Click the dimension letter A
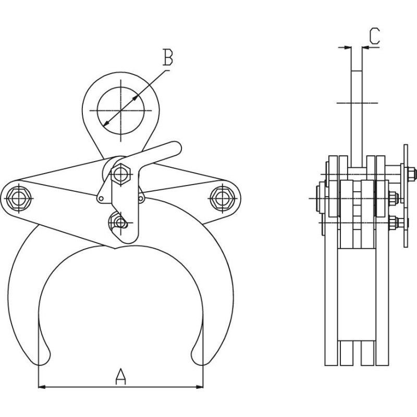coord(121,376)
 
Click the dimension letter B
coord(167,57)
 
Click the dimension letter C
coord(374,35)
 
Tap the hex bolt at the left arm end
coord(18,198)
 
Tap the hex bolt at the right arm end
coord(223,198)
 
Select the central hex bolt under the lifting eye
coord(121,174)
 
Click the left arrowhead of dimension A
coord(42,386)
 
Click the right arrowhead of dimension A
coord(200,386)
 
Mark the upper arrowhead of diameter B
coord(136,98)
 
